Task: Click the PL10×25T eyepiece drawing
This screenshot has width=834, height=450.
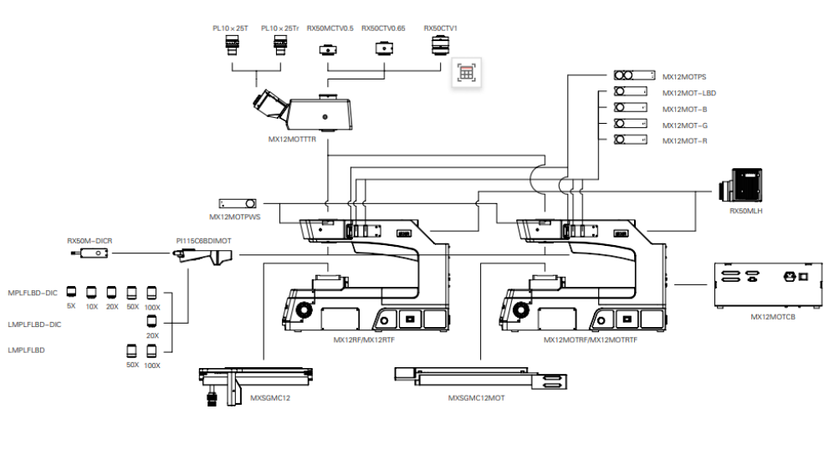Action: coord(232,44)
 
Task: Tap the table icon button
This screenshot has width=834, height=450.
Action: coord(467,72)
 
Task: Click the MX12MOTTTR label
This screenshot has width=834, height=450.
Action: coord(292,140)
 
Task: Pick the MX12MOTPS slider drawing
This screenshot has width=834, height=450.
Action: coord(634,75)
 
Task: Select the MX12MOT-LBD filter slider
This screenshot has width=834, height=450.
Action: coord(630,91)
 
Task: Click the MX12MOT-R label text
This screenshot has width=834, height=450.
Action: coord(684,141)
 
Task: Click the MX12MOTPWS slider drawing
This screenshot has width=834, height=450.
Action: coord(238,203)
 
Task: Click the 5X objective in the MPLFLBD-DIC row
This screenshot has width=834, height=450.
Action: coord(71,292)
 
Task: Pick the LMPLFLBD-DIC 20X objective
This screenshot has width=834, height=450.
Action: coord(151,321)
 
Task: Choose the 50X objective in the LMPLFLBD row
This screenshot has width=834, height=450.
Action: coord(131,351)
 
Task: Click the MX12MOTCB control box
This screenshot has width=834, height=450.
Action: coord(768,285)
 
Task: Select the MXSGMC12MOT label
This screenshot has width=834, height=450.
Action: coord(476,398)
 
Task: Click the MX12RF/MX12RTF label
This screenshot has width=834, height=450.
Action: coord(364,340)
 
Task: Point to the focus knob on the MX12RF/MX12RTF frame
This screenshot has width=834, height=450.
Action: coord(304,309)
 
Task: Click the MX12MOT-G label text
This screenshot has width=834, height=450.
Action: coord(684,125)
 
